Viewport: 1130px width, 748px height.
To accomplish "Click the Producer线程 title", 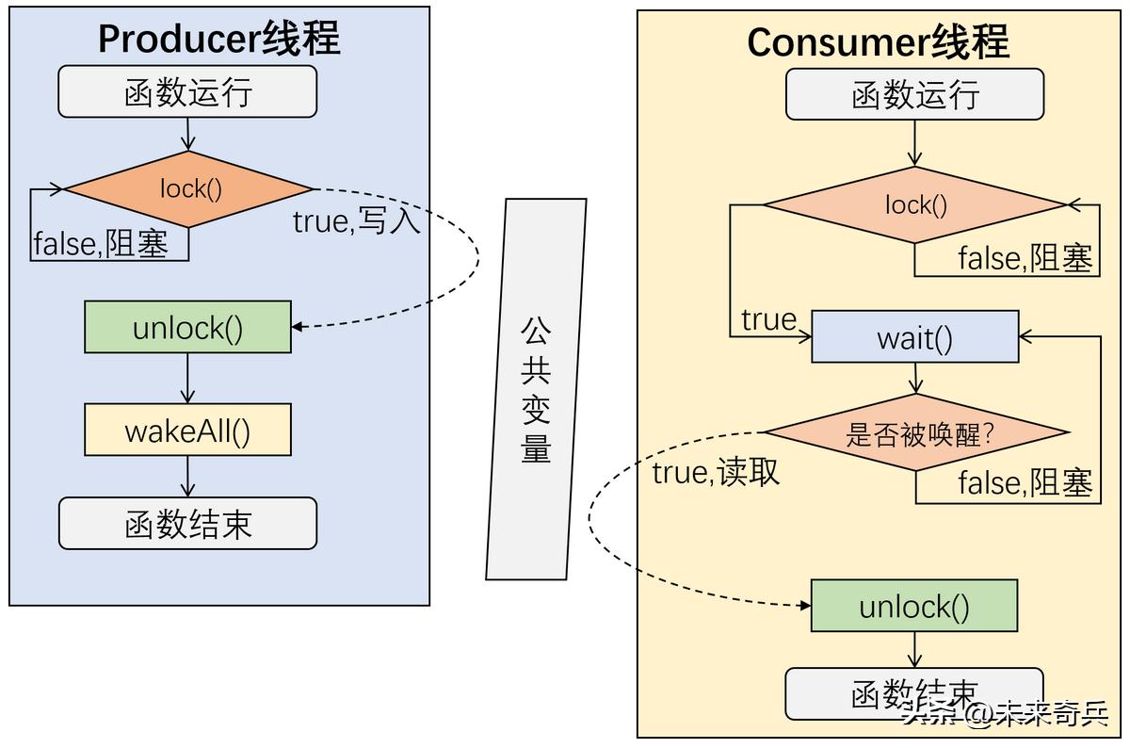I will [x=218, y=40].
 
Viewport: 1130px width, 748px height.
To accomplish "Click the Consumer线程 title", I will [x=878, y=42].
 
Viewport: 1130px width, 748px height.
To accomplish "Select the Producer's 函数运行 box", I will [x=187, y=91].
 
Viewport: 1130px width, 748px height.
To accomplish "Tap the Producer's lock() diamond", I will [x=189, y=188].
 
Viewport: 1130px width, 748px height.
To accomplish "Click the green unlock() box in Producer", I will [x=187, y=328].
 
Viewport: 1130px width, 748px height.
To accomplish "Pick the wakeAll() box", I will [x=187, y=431].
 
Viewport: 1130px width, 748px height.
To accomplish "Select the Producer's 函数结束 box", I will [x=187, y=524].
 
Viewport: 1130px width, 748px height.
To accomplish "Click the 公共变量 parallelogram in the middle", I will [x=536, y=388].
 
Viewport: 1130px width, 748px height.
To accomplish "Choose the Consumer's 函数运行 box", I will [x=914, y=94].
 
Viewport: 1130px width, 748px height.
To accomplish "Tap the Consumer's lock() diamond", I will [x=914, y=204].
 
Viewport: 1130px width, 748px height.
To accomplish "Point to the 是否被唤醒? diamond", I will [x=914, y=433].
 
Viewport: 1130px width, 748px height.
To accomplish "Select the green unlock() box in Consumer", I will [x=913, y=606].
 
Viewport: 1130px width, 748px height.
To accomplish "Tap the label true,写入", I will [x=356, y=221].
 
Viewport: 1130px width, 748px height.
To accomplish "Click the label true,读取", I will [x=716, y=472].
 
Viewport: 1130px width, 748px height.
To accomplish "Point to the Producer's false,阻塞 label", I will [x=101, y=244].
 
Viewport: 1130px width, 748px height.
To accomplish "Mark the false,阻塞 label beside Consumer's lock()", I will [x=1025, y=257].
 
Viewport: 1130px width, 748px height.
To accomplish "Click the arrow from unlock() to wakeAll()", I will [x=187, y=379].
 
